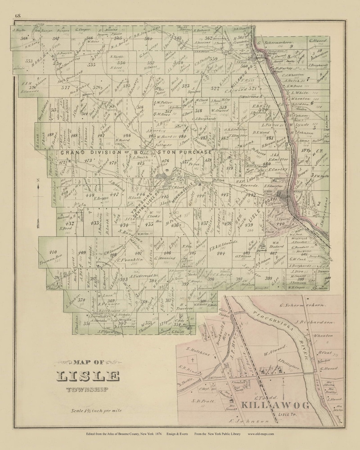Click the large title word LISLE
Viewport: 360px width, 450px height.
pyautogui.click(x=88, y=376)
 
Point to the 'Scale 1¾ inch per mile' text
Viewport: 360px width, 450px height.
pyautogui.click(x=96, y=411)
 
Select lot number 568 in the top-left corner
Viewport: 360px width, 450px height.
pyautogui.click(x=24, y=39)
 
